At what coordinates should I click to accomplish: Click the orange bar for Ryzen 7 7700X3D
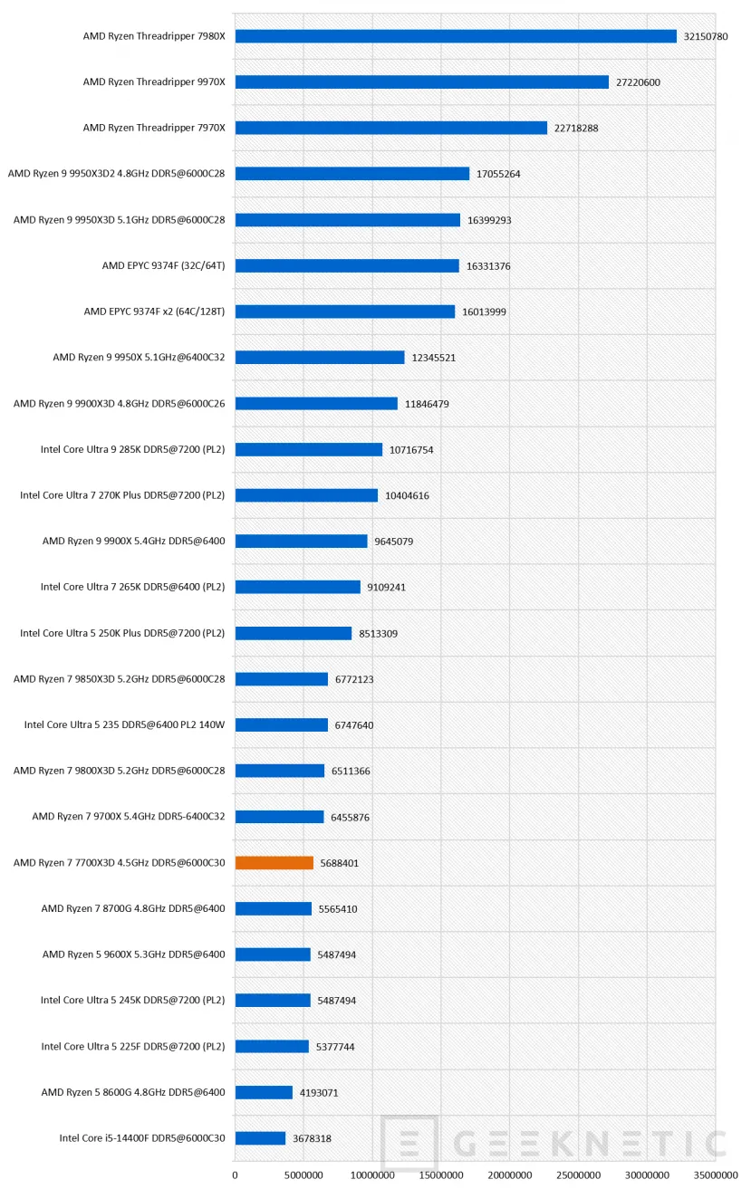(274, 863)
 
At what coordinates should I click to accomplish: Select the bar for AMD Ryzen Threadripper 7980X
(456, 36)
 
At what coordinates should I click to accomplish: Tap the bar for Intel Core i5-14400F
(260, 1138)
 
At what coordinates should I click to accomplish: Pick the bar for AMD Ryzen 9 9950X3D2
(352, 174)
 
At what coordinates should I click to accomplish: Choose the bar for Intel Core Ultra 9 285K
(309, 449)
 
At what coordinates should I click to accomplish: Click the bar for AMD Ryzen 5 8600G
(264, 1092)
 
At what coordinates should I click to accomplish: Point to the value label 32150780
(706, 36)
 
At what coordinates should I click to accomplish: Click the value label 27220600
(638, 82)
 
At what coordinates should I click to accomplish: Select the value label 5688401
(340, 863)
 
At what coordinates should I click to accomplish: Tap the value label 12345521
(433, 358)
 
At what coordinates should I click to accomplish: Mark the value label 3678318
(312, 1138)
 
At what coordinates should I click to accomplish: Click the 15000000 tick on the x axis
(441, 1175)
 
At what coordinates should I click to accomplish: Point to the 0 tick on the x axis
(235, 1175)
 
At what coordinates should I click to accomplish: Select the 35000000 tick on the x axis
(716, 1175)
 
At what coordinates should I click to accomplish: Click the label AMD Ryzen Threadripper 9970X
(154, 82)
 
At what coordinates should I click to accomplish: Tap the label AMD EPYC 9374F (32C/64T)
(164, 265)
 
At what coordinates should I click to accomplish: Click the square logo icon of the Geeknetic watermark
(409, 1142)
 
